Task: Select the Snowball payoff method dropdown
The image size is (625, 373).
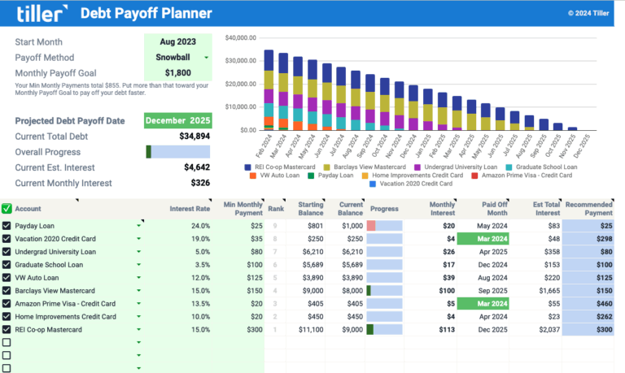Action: (177, 58)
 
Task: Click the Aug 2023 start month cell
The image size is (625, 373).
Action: (177, 41)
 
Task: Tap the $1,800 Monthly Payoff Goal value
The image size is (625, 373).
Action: (177, 72)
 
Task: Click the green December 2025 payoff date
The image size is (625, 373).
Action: (177, 121)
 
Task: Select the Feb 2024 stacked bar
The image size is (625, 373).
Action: (269, 89)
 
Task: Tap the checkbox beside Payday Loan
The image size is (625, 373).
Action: (7, 226)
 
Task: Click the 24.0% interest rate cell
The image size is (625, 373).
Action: (199, 226)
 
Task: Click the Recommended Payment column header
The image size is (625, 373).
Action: (589, 208)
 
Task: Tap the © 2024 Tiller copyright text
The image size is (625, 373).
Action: (589, 13)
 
